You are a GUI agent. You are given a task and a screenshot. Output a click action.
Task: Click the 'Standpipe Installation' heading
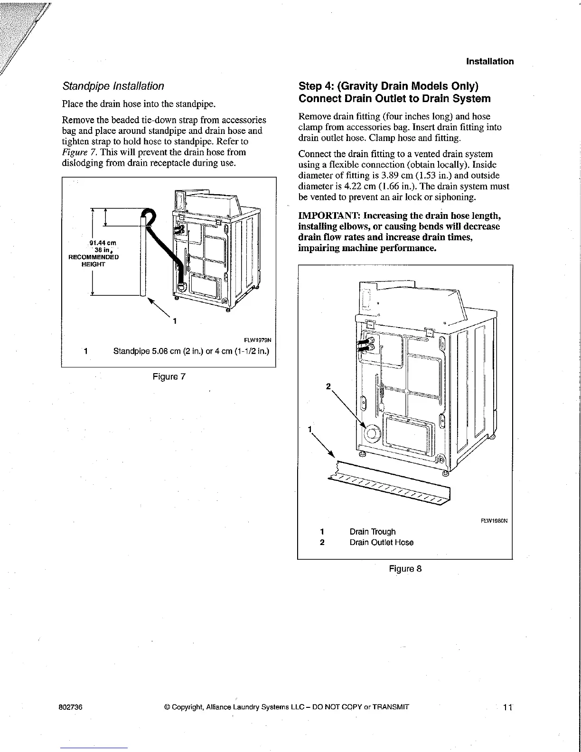113,86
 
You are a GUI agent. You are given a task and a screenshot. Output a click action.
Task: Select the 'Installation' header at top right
490,61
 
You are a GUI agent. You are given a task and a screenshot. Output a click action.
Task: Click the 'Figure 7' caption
169,377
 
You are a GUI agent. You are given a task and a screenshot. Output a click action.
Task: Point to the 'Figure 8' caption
405,569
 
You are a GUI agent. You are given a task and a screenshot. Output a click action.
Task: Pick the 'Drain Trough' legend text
372,532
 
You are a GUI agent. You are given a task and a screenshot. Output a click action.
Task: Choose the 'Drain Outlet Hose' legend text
381,543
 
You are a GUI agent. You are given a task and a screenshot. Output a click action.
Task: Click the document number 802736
72,706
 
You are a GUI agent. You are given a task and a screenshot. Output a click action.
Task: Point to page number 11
507,707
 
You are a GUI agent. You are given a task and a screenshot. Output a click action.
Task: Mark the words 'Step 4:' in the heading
315,86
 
